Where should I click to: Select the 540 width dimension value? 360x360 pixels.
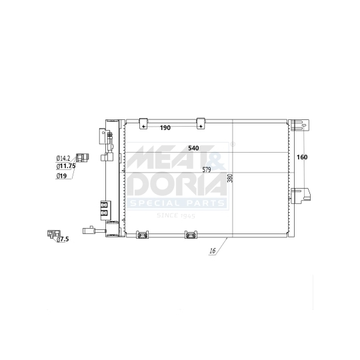pyautogui.click(x=194, y=148)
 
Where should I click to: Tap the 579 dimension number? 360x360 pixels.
pyautogui.click(x=206, y=170)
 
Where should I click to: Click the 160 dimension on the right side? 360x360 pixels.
pyautogui.click(x=301, y=158)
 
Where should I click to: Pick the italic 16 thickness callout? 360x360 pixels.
pyautogui.click(x=212, y=251)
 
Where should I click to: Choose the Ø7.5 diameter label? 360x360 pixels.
pyautogui.click(x=63, y=239)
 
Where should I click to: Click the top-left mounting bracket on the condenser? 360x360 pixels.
pyautogui.click(x=142, y=123)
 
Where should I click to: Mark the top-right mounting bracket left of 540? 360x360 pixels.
pyautogui.click(x=200, y=123)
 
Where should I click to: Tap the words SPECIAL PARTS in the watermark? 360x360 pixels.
pyautogui.click(x=179, y=203)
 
